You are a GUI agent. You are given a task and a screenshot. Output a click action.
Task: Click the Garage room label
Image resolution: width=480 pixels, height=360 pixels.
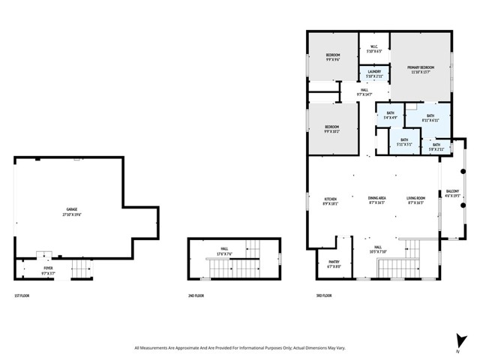point(73,212)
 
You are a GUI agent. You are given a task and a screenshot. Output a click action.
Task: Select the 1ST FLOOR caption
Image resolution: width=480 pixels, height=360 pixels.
point(22,296)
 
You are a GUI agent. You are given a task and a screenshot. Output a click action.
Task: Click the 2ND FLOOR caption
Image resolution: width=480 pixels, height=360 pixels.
point(196,296)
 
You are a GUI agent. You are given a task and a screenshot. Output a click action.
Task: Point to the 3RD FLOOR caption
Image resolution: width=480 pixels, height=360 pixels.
point(323,296)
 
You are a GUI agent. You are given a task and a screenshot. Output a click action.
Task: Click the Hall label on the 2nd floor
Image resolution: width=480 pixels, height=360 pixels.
point(223,250)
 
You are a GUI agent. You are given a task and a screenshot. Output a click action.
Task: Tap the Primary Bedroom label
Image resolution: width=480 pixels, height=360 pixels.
point(421,70)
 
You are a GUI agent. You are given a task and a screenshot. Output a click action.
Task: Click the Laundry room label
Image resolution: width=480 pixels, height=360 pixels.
point(373,73)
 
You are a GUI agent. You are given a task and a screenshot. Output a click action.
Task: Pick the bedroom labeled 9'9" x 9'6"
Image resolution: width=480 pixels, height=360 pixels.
point(333,57)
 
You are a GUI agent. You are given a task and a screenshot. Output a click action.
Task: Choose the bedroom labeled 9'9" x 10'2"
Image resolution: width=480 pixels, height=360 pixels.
point(332,129)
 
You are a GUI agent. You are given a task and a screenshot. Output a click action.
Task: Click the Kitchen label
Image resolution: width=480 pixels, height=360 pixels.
point(331,200)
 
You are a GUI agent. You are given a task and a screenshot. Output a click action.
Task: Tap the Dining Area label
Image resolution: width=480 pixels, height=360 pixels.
point(376,200)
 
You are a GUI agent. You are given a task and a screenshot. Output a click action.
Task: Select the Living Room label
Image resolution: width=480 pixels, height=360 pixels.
point(415,200)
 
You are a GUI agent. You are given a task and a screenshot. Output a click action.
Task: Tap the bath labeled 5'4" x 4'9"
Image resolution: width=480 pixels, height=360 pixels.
point(390,115)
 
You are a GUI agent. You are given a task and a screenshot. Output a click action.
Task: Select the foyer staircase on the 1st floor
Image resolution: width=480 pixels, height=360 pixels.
point(79,268)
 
